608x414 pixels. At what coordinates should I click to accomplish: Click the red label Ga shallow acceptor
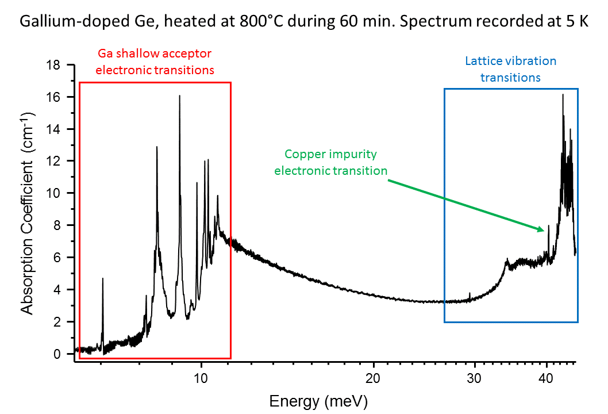(x=155, y=54)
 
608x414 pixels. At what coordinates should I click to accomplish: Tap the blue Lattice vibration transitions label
(x=511, y=68)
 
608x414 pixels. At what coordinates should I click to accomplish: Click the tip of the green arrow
(x=544, y=231)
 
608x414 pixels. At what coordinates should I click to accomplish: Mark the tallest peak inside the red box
(x=179, y=96)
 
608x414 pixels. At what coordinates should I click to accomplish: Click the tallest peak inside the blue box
(x=563, y=95)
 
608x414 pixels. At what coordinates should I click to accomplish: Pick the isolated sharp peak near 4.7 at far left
(x=102, y=279)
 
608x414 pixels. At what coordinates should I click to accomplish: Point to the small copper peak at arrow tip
(x=548, y=226)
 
